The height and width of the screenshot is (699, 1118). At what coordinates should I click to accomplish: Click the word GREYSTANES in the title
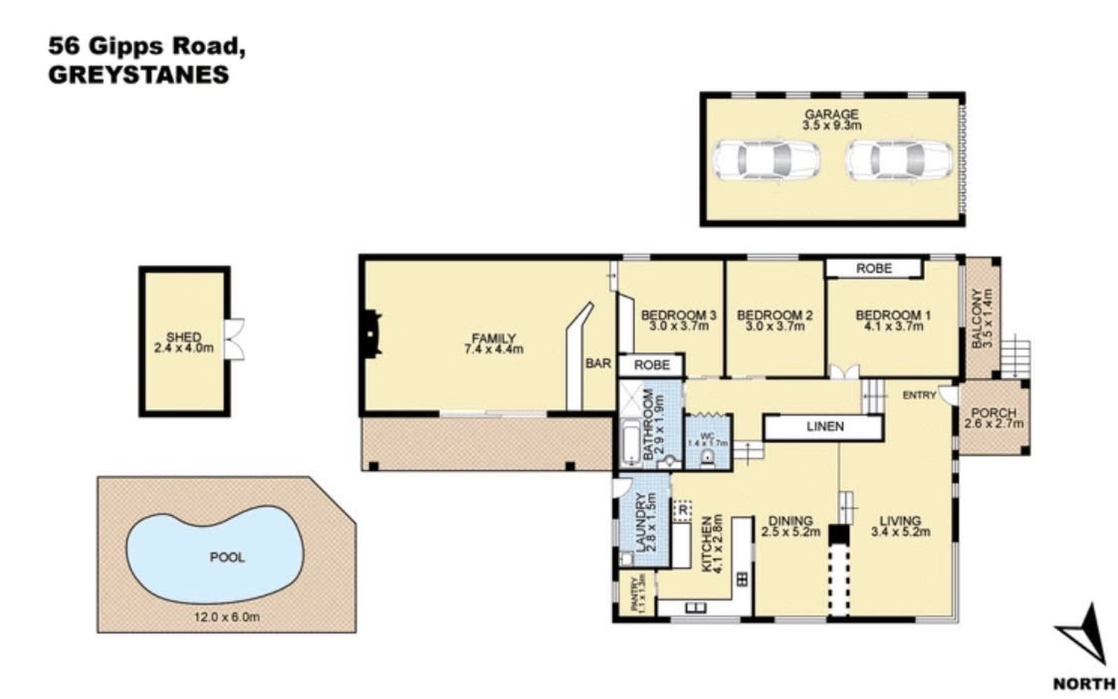click(139, 75)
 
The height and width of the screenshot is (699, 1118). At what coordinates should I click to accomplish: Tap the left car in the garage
click(767, 160)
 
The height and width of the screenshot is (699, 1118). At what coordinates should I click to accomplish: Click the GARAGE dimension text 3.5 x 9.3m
click(832, 125)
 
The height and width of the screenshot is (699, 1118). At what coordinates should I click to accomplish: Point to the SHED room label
click(184, 337)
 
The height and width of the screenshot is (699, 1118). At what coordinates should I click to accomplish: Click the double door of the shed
click(234, 339)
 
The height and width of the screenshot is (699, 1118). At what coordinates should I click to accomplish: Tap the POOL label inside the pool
click(227, 557)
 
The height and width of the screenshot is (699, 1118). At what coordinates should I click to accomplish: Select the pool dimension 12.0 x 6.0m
click(227, 617)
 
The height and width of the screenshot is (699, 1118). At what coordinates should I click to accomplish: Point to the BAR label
click(598, 363)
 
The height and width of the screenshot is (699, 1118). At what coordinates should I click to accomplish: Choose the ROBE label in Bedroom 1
click(874, 268)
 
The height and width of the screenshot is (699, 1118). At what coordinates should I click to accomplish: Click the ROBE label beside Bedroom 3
click(652, 365)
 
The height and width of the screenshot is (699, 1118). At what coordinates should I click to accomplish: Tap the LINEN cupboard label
click(825, 426)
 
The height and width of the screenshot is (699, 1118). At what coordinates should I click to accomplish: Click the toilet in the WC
click(706, 457)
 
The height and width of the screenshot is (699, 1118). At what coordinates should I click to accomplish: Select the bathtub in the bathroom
click(631, 443)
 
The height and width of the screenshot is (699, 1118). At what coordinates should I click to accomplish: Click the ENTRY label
click(920, 396)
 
